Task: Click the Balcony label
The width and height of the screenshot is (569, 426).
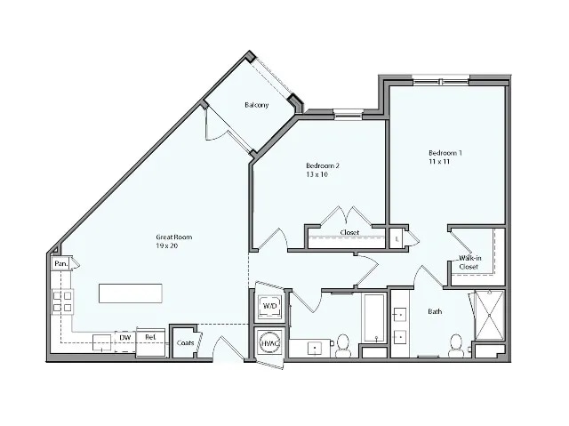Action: point(257,105)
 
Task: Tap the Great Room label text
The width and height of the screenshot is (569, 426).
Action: point(173,237)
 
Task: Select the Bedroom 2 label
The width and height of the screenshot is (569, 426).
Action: point(323,165)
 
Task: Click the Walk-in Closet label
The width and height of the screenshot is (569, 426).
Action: point(469,261)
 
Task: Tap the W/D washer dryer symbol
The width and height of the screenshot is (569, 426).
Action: point(268,305)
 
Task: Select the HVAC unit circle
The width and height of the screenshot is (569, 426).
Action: point(268,343)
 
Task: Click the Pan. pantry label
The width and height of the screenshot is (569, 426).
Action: point(60,264)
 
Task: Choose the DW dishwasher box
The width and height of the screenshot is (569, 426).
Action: point(125,338)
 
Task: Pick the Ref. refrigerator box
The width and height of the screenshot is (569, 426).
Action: point(150,339)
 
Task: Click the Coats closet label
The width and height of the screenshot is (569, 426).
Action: point(185,342)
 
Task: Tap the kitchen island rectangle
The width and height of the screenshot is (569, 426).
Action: point(131,293)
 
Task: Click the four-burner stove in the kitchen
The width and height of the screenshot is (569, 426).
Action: point(61,302)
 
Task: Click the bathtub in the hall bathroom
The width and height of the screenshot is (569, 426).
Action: point(372,317)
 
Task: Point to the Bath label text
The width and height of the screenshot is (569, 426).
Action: point(435,312)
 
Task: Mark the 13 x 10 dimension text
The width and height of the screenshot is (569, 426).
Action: point(317,175)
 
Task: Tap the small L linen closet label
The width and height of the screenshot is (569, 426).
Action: point(397,238)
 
